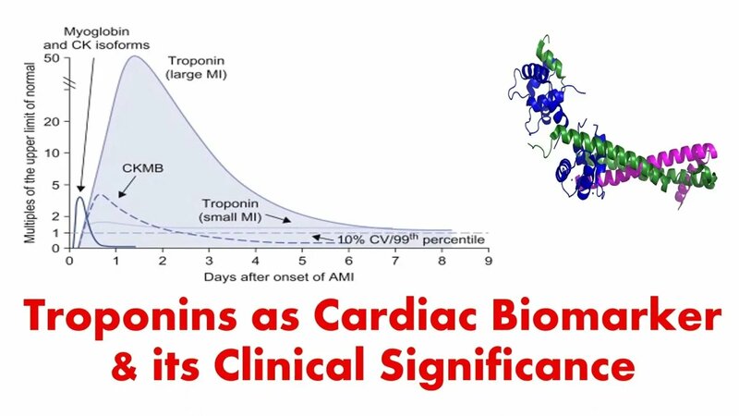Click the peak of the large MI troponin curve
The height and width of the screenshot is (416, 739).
[133, 57]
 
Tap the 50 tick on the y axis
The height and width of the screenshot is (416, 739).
[53, 58]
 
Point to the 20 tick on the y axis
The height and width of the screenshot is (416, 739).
[53, 121]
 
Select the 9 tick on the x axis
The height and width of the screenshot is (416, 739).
[487, 261]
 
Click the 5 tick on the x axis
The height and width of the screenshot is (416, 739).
[301, 261]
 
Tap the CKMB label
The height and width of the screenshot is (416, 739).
[142, 169]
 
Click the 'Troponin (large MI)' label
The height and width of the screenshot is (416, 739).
[198, 67]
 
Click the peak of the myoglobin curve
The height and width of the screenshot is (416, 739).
[80, 198]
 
